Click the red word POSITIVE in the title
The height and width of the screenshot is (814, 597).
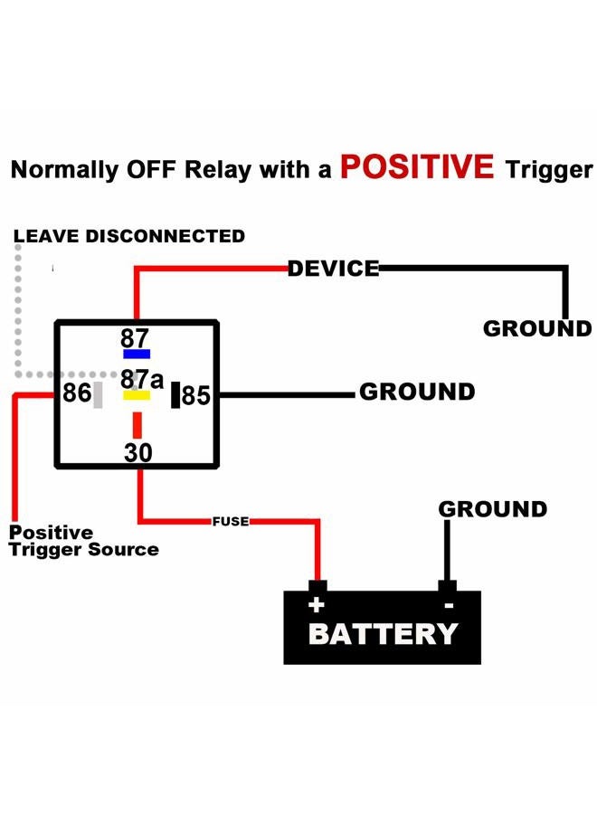(x=417, y=166)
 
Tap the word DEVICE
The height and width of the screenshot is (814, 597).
(x=333, y=269)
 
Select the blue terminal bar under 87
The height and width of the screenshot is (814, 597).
(x=137, y=354)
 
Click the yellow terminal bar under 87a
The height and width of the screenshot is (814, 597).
(x=137, y=395)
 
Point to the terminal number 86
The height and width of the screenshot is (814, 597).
(x=77, y=393)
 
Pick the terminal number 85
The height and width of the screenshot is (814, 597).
(x=196, y=395)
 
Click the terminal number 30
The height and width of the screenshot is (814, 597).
(x=138, y=453)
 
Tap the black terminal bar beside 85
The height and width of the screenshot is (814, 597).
(x=175, y=395)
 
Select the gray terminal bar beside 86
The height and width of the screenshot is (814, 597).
(x=98, y=395)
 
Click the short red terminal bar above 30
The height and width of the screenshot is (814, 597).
(x=137, y=425)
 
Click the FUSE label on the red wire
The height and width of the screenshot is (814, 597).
(x=231, y=521)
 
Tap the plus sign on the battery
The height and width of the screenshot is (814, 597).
(x=317, y=605)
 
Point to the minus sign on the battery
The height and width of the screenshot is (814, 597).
(x=449, y=605)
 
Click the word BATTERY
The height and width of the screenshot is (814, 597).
(x=384, y=634)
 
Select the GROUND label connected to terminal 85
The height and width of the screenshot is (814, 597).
(x=417, y=392)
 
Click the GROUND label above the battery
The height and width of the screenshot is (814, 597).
(x=493, y=509)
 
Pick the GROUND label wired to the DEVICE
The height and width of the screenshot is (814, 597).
(x=537, y=328)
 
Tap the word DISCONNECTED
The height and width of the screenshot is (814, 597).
(x=166, y=236)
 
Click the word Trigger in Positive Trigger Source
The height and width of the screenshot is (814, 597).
(x=44, y=550)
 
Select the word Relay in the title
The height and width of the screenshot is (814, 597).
(x=218, y=170)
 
